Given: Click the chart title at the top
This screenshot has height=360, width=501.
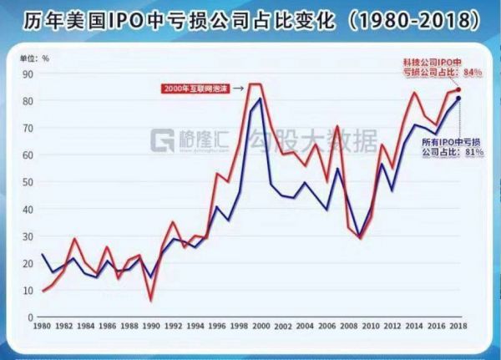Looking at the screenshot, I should pos(250,19).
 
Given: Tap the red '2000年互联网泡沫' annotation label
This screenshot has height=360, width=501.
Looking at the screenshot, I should pos(194,87).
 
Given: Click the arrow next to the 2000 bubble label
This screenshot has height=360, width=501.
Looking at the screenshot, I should pos(238,87).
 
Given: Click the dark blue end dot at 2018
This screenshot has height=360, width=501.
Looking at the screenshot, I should pos(458,99).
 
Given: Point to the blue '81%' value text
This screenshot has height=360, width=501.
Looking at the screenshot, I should pos(473,153).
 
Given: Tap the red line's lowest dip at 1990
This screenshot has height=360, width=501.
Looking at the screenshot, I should pos(151,300).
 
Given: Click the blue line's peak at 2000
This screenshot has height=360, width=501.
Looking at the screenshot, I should pos(261,99).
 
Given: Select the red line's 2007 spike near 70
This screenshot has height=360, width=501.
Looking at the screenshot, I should pos(337,126).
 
